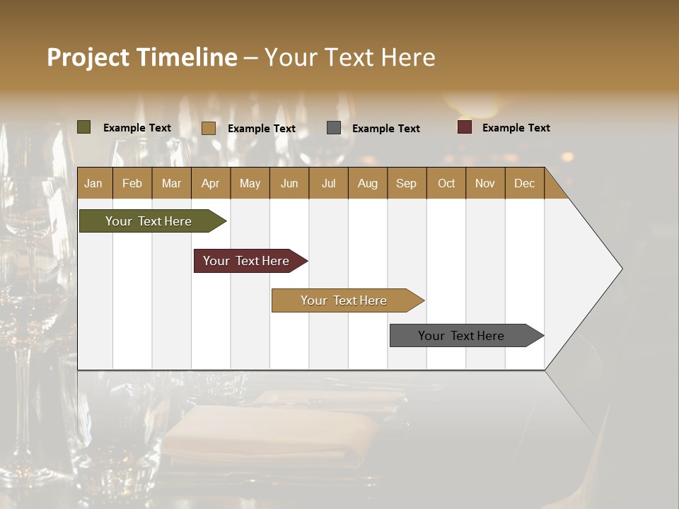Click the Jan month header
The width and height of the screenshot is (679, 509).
pos(93,183)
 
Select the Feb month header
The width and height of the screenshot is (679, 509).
pos(132,183)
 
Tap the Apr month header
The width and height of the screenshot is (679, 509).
pos(210,183)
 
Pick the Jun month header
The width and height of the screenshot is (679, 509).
pos(289,183)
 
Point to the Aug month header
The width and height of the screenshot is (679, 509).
pos(367,183)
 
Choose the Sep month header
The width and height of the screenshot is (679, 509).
pos(406,183)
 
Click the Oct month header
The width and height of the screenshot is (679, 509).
pos(446,183)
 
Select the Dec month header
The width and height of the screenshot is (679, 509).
pos(524,183)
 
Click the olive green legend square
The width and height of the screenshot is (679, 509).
pos(84,127)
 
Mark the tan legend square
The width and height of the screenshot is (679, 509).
pos(209,128)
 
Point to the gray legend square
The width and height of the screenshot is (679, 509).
pos(334,128)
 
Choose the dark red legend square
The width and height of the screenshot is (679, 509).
pos(465,127)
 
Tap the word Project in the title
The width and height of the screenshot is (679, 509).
pos(88,57)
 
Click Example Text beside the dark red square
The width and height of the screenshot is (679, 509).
pos(516,128)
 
